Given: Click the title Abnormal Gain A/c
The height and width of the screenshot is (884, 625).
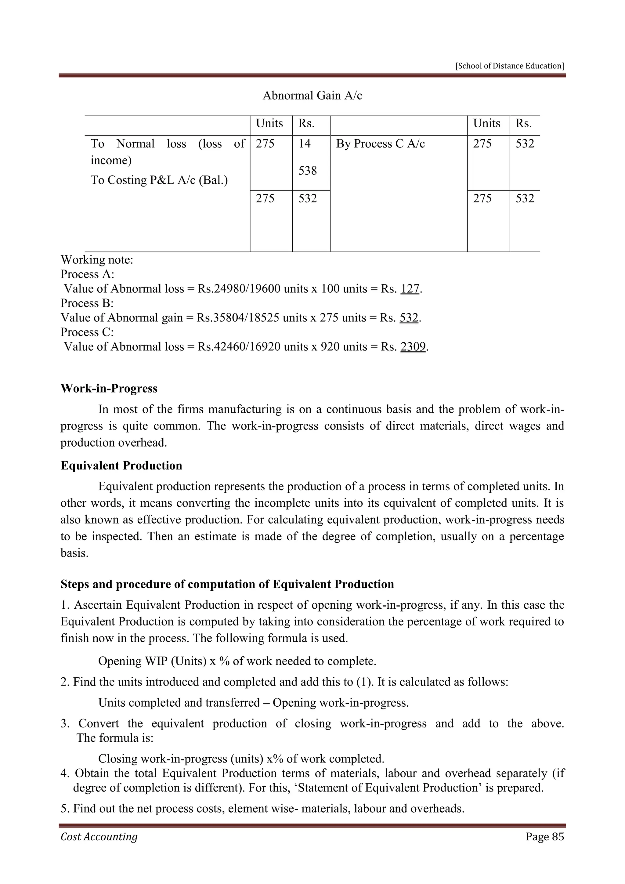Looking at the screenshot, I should pyautogui.click(x=312, y=96).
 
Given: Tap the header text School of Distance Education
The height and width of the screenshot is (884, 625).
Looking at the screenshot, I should pyautogui.click(x=510, y=66).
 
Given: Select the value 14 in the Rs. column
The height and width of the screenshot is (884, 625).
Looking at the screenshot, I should pyautogui.click(x=305, y=143).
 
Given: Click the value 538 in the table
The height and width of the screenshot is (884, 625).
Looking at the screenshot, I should pyautogui.click(x=308, y=171).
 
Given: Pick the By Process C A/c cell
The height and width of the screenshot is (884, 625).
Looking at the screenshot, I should pyautogui.click(x=380, y=143).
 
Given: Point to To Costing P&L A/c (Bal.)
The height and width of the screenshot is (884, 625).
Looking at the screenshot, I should pyautogui.click(x=159, y=180).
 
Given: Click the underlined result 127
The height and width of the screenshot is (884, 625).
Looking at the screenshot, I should pyautogui.click(x=410, y=288).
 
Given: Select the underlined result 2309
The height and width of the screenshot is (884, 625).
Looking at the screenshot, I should pyautogui.click(x=413, y=346).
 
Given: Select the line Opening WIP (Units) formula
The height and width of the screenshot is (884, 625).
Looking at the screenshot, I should pyautogui.click(x=237, y=661).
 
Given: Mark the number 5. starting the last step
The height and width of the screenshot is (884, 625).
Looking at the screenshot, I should pyautogui.click(x=65, y=808).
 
